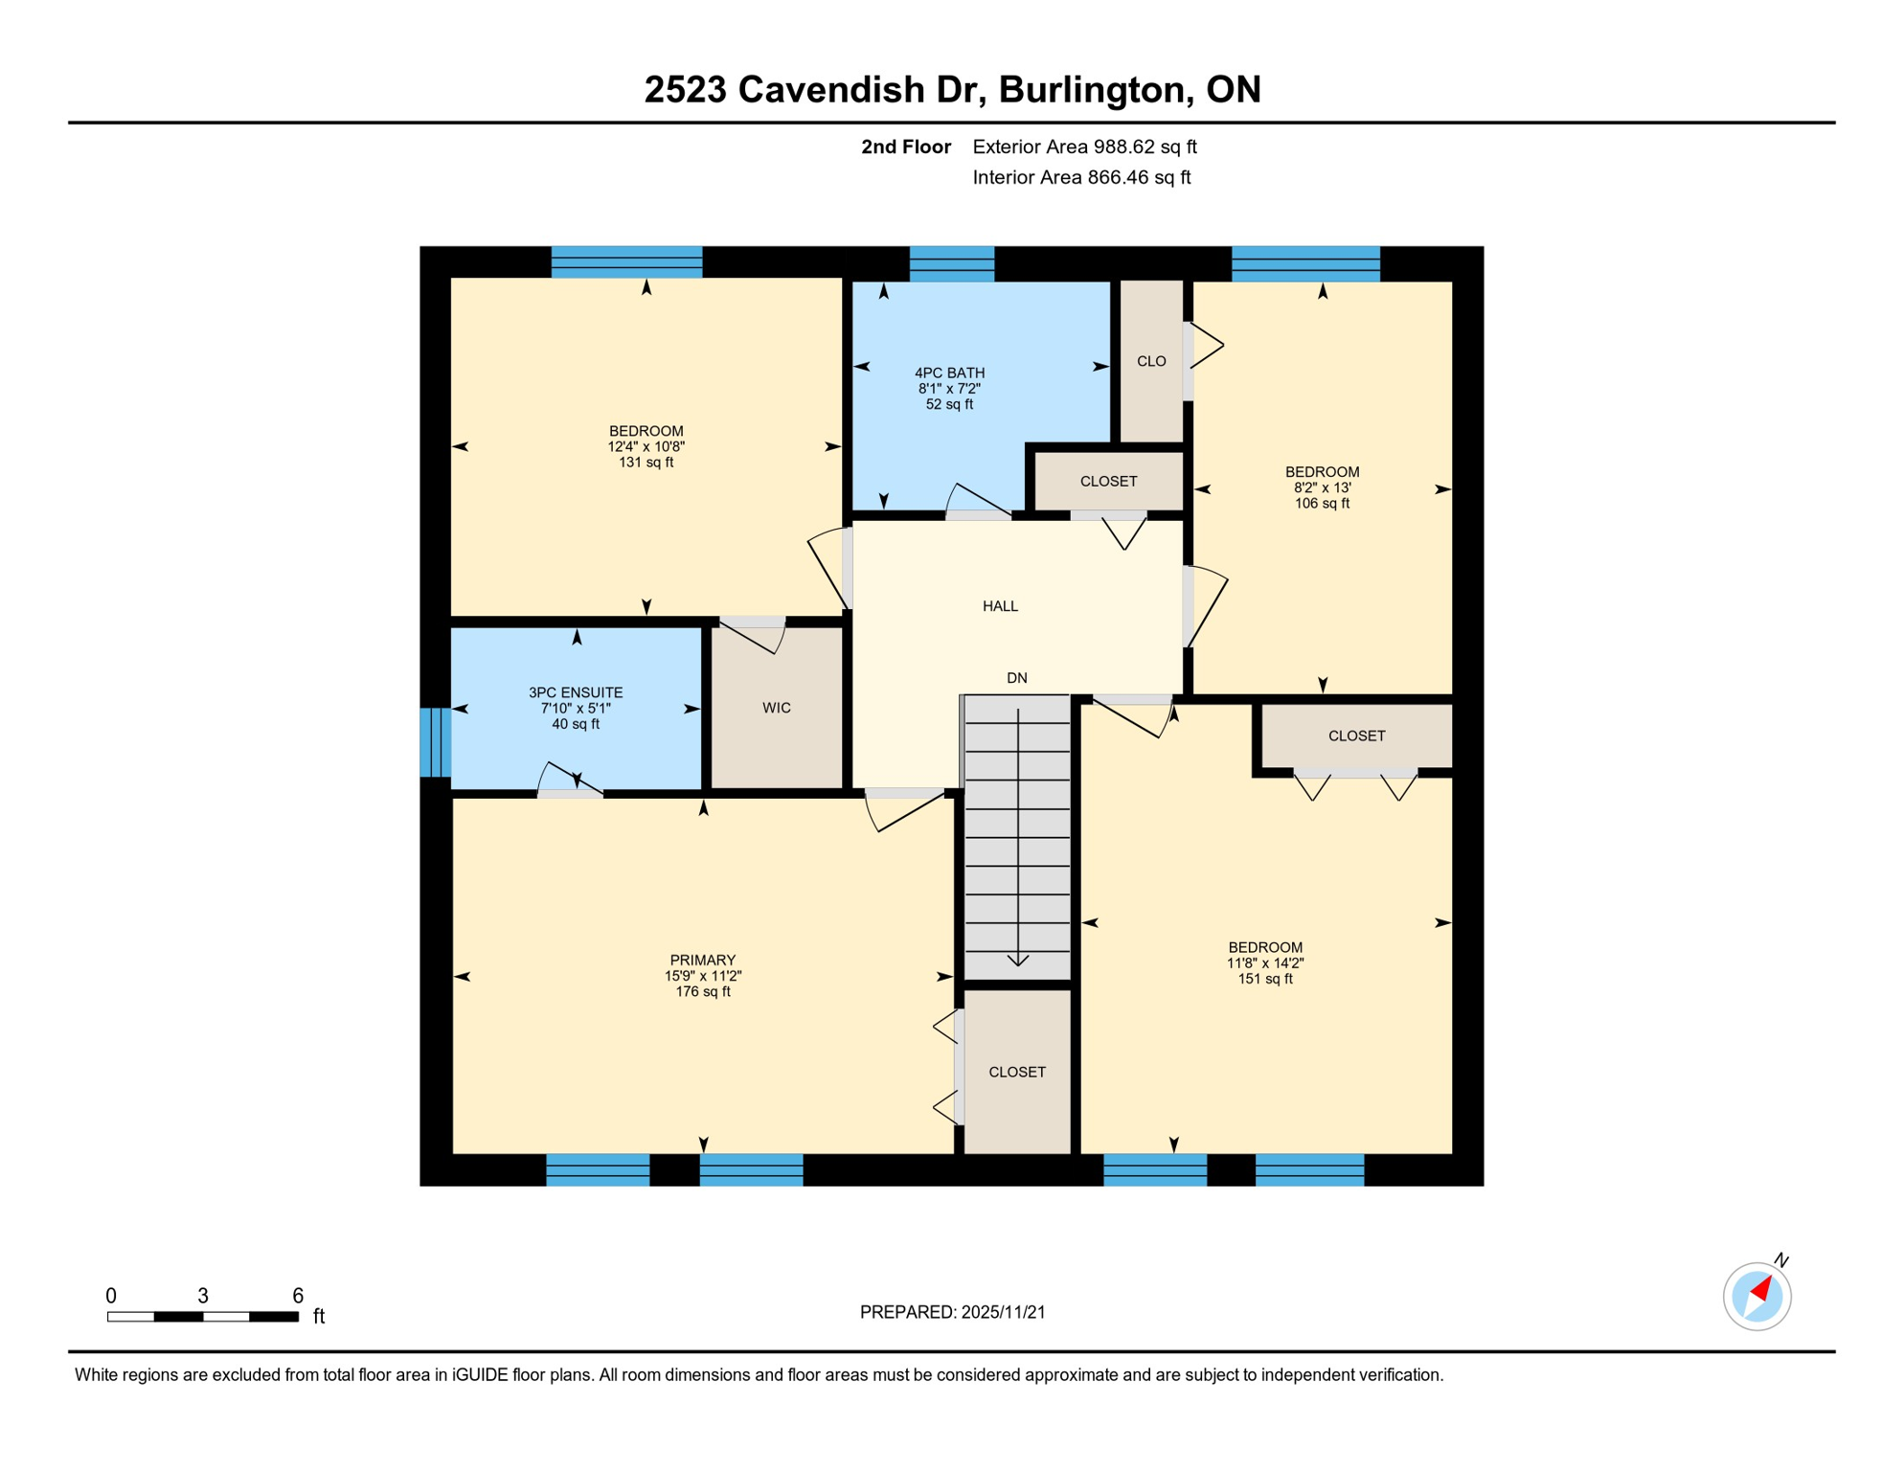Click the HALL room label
click(x=1000, y=606)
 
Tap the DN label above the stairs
click(x=1016, y=678)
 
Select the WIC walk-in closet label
click(x=776, y=708)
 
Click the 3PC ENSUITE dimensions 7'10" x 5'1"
click(x=575, y=709)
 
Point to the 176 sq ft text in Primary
click(x=702, y=992)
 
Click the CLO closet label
click(x=1151, y=361)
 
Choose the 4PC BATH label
click(x=949, y=373)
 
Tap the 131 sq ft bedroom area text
click(x=646, y=463)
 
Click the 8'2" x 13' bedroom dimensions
click(x=1322, y=487)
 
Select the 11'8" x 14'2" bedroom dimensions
click(x=1264, y=963)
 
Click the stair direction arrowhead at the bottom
click(x=1017, y=960)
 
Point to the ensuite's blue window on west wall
click(x=435, y=741)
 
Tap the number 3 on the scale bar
click(x=203, y=1296)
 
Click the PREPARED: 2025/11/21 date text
click(x=952, y=1312)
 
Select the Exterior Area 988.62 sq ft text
click(x=1084, y=147)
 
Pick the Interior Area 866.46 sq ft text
click(x=1081, y=177)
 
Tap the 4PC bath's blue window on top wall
click(x=951, y=263)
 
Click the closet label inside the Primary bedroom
click(x=1016, y=1072)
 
